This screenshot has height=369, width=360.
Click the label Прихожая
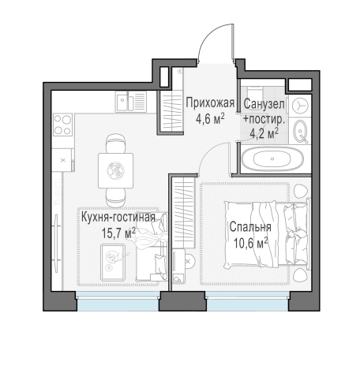click(x=210, y=102)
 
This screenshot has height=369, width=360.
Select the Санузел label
click(x=264, y=104)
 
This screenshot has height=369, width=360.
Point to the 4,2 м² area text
click(x=264, y=134)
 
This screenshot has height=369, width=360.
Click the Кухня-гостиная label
click(x=118, y=218)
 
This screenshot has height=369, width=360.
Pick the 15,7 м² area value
click(x=118, y=233)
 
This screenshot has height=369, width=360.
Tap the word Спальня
click(x=250, y=227)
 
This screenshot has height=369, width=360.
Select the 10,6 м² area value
click(x=251, y=243)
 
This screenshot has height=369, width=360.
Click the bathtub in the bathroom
click(x=272, y=158)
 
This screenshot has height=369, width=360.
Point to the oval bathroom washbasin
click(x=301, y=131)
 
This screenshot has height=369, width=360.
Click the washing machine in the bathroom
click(x=300, y=106)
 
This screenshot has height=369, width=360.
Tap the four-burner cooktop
click(x=62, y=125)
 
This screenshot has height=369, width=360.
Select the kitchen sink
click(x=130, y=102)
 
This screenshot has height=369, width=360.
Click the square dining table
click(x=115, y=171)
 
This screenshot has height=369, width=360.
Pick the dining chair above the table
click(x=115, y=143)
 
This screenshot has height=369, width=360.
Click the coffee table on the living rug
click(x=113, y=263)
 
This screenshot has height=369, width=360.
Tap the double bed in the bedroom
click(x=266, y=234)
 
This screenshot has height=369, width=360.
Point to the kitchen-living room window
click(x=118, y=301)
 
